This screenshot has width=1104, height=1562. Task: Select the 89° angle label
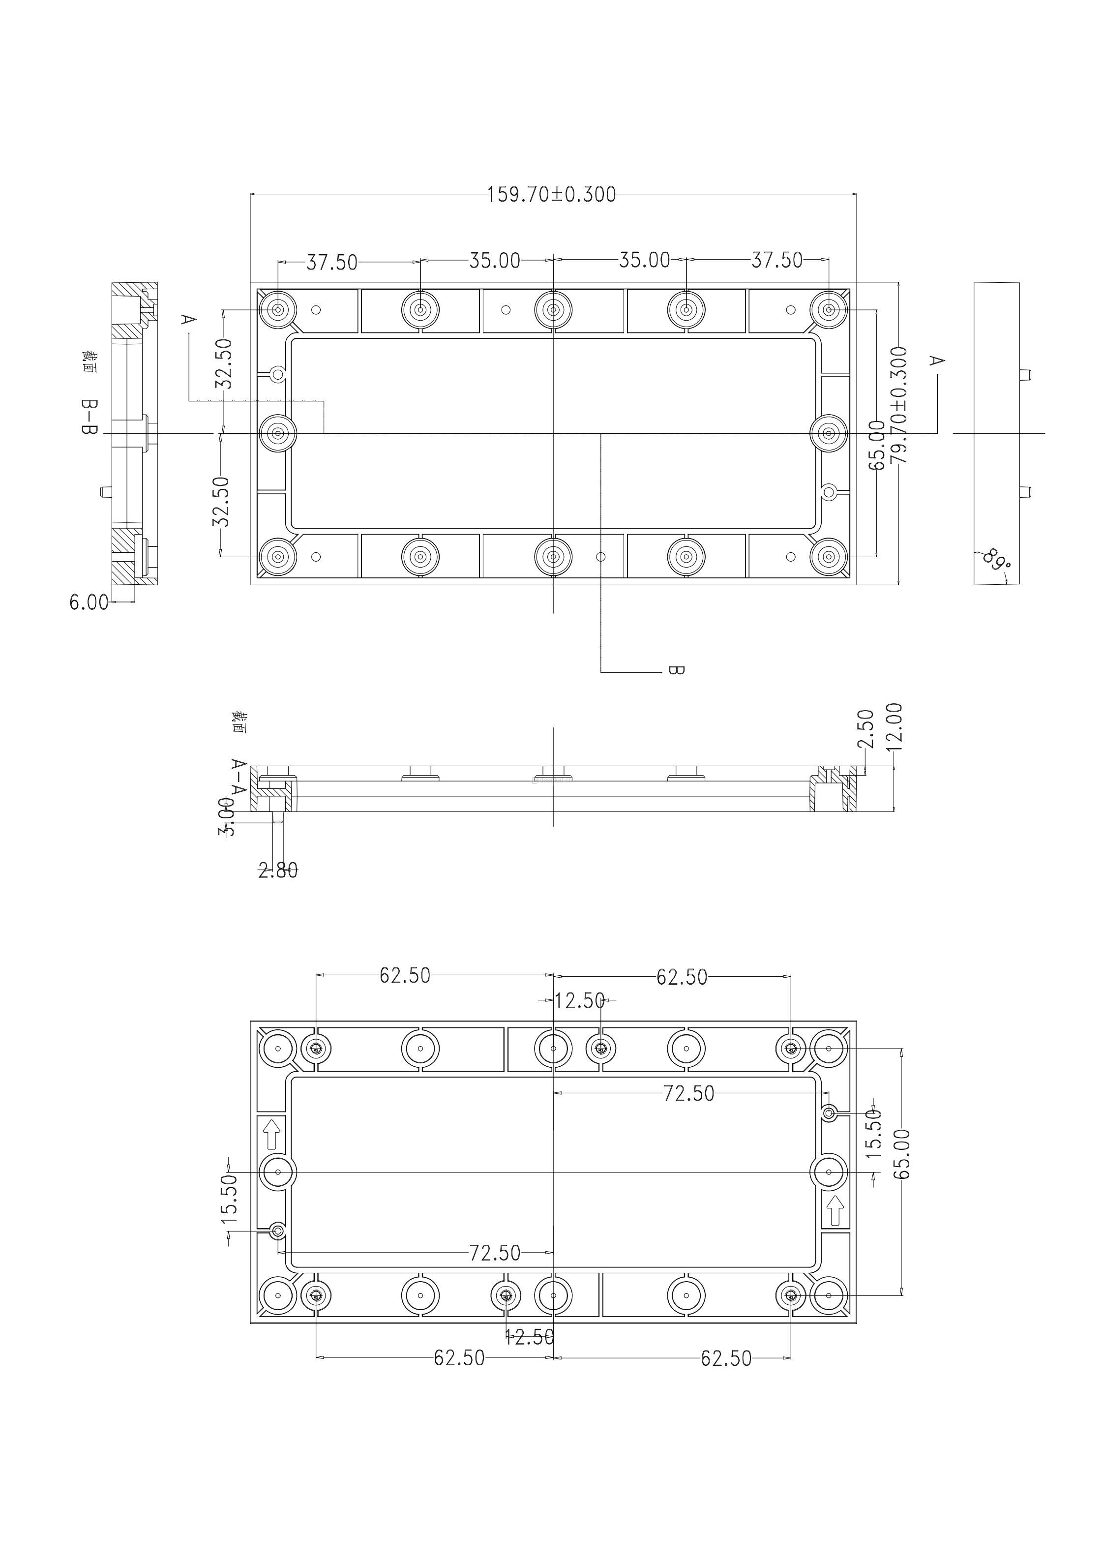(997, 559)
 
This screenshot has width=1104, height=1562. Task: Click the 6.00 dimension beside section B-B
(89, 603)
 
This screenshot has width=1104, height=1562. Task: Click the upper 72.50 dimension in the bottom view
(689, 1093)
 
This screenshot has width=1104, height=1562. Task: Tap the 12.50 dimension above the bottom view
(580, 1001)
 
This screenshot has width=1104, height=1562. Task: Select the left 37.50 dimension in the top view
(331, 263)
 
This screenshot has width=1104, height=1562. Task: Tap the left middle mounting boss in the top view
(277, 433)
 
